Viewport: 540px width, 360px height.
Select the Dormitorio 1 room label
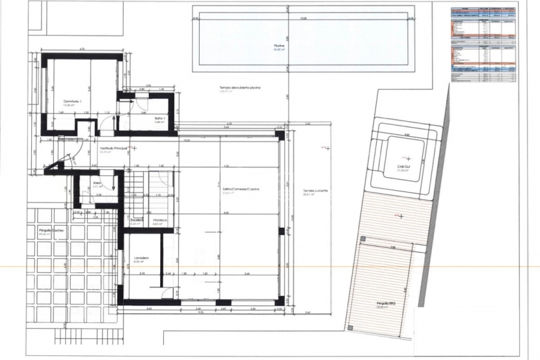click(71, 101)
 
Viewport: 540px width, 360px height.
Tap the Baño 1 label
click(159, 118)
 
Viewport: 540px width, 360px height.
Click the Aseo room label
click(97, 182)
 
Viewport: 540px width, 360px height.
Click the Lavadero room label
click(141, 259)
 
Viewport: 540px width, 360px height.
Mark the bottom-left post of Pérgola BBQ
click(349, 327)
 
